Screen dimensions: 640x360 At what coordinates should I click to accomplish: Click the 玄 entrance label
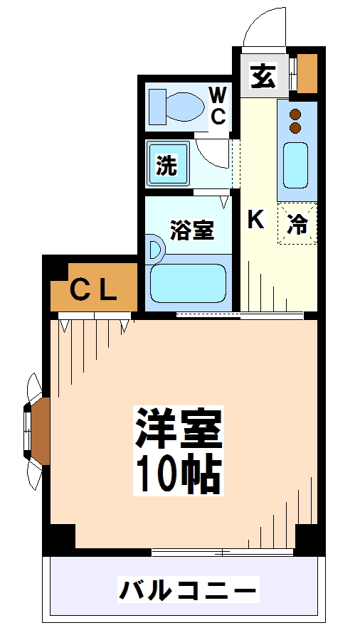[263, 75]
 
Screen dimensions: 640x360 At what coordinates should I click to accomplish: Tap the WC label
[218, 105]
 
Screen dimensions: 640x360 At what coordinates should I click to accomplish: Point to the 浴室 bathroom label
[191, 230]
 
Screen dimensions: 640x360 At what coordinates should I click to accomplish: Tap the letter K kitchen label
[255, 220]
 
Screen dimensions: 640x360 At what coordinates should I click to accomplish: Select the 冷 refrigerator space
[297, 224]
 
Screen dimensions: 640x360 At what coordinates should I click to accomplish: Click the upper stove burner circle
[296, 114]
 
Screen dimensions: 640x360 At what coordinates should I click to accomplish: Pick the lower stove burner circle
[296, 128]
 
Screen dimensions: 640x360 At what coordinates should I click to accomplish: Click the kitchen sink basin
[296, 165]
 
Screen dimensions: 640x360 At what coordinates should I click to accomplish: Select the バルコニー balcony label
[186, 590]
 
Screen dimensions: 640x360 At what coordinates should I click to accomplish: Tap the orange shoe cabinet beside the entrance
[307, 73]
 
